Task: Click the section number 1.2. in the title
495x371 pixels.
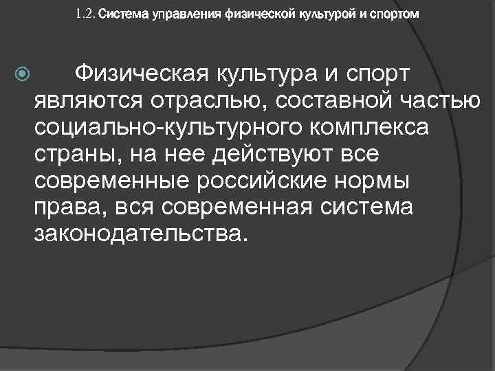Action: point(88,13)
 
